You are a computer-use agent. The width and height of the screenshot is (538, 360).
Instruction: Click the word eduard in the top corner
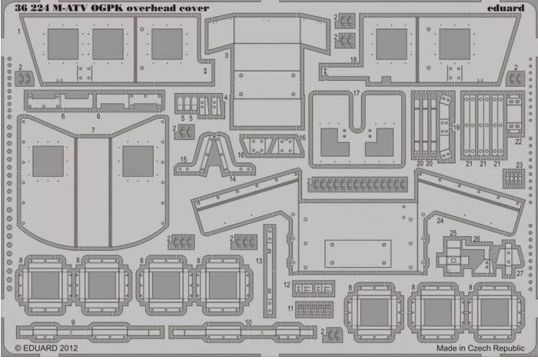pyautogui.click(x=506, y=8)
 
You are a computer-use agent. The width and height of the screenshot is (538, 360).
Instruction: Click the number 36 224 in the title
pyautogui.click(x=32, y=8)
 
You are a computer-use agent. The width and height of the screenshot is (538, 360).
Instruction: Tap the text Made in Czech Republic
pyautogui.click(x=480, y=348)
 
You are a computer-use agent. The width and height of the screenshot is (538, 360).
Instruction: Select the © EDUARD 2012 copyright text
pyautogui.click(x=46, y=348)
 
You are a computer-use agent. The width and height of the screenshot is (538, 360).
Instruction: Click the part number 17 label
pyautogui.click(x=356, y=93)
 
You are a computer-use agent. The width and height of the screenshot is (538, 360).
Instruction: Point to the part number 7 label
pyautogui.click(x=93, y=130)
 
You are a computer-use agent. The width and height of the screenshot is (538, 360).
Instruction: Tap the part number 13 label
pyautogui.click(x=259, y=261)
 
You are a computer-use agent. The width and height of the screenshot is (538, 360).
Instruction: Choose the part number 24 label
pyautogui.click(x=440, y=221)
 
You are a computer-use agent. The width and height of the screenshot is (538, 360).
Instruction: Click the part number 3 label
pyautogui.click(x=226, y=55)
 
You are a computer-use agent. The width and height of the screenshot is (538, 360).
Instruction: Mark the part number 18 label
pyautogui.click(x=354, y=60)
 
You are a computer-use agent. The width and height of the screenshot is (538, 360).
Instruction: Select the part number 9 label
pyautogui.click(x=73, y=322)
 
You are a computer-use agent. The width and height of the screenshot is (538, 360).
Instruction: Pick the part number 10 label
pyautogui.click(x=248, y=322)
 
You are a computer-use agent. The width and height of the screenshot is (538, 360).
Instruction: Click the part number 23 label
pyautogui.click(x=519, y=165)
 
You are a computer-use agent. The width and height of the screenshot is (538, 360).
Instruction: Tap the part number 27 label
pyautogui.click(x=520, y=273)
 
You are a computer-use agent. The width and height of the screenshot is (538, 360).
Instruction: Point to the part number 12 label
pyautogui.click(x=287, y=285)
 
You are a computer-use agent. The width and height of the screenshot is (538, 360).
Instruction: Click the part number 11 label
pyautogui.click(x=291, y=308)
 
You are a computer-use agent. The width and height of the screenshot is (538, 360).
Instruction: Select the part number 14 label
pyautogui.click(x=232, y=179)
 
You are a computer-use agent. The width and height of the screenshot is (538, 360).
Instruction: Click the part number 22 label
pyautogui.click(x=518, y=142)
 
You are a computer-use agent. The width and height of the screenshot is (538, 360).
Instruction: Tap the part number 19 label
pyautogui.click(x=456, y=128)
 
